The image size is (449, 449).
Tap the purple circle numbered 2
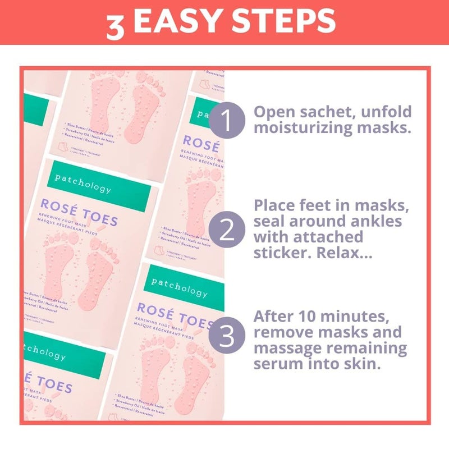tap(227, 231)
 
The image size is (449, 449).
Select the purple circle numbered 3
tap(227, 337)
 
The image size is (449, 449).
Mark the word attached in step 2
tap(327, 237)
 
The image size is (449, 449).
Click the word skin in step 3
tap(358, 364)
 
